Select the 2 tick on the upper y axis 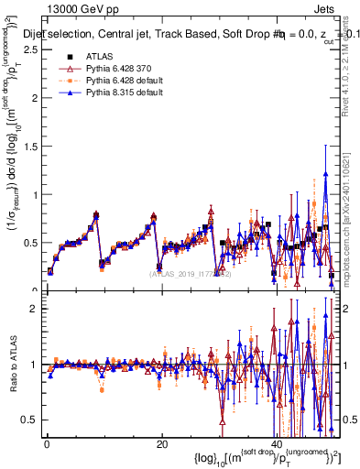(35, 99)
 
